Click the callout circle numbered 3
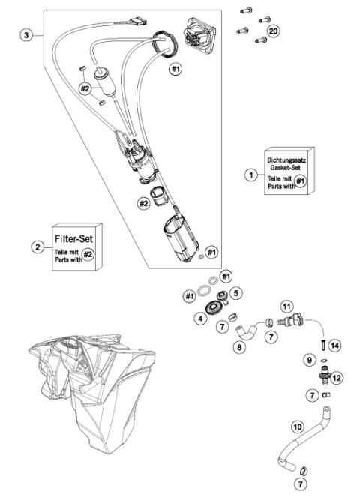point(28,36)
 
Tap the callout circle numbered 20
point(273,31)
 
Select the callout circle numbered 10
point(297,428)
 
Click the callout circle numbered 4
point(200,318)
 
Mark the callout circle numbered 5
point(235,293)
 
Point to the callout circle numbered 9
point(308,360)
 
